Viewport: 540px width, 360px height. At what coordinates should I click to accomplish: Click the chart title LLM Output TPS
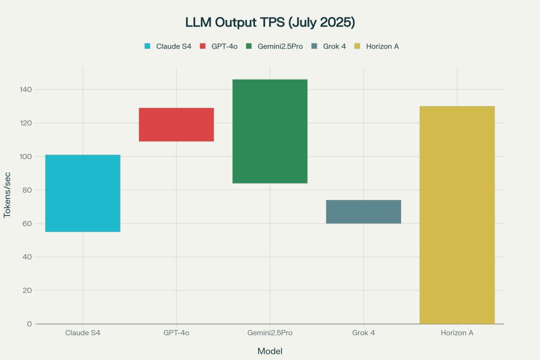tap(270, 22)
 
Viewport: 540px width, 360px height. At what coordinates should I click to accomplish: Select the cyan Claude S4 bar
tap(82, 193)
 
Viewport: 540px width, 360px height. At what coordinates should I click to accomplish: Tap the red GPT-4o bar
tap(176, 124)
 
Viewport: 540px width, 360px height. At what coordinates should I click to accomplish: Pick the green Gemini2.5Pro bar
tap(270, 131)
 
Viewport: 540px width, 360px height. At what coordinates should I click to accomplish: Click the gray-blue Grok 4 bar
tap(363, 211)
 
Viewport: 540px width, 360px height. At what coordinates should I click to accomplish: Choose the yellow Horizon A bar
tap(457, 215)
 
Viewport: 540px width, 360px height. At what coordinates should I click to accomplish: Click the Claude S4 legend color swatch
tap(147, 46)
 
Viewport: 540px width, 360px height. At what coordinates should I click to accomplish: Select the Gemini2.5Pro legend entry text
tap(280, 46)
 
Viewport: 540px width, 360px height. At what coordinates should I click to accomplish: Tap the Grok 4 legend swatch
tap(313, 46)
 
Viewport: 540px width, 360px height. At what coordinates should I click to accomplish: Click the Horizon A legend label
tap(382, 46)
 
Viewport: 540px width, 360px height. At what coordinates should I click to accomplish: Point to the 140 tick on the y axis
tap(25, 89)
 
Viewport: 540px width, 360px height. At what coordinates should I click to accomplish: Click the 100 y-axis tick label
tap(25, 156)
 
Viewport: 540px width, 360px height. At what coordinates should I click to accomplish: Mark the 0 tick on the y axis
tap(29, 324)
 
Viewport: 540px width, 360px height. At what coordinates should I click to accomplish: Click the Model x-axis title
tap(270, 351)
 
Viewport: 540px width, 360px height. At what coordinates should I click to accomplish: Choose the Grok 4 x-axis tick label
tap(363, 332)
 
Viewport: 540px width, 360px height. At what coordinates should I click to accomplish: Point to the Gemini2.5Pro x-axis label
tap(270, 332)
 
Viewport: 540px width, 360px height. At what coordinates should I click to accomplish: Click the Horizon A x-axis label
tap(457, 332)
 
